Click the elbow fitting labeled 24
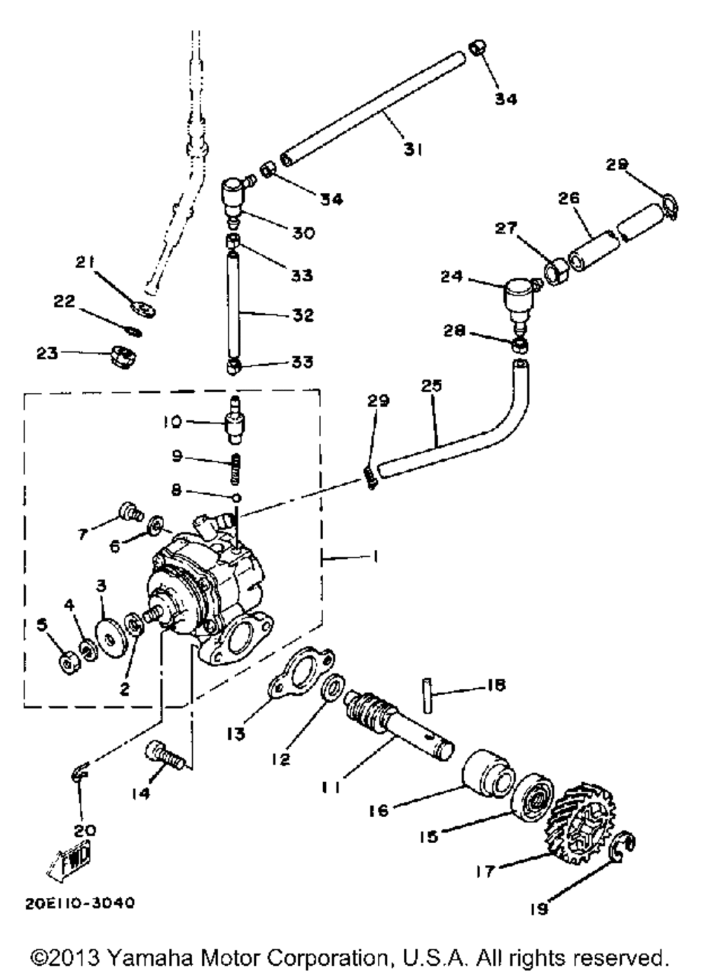pos(519,295)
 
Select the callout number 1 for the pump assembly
pos(376,557)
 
